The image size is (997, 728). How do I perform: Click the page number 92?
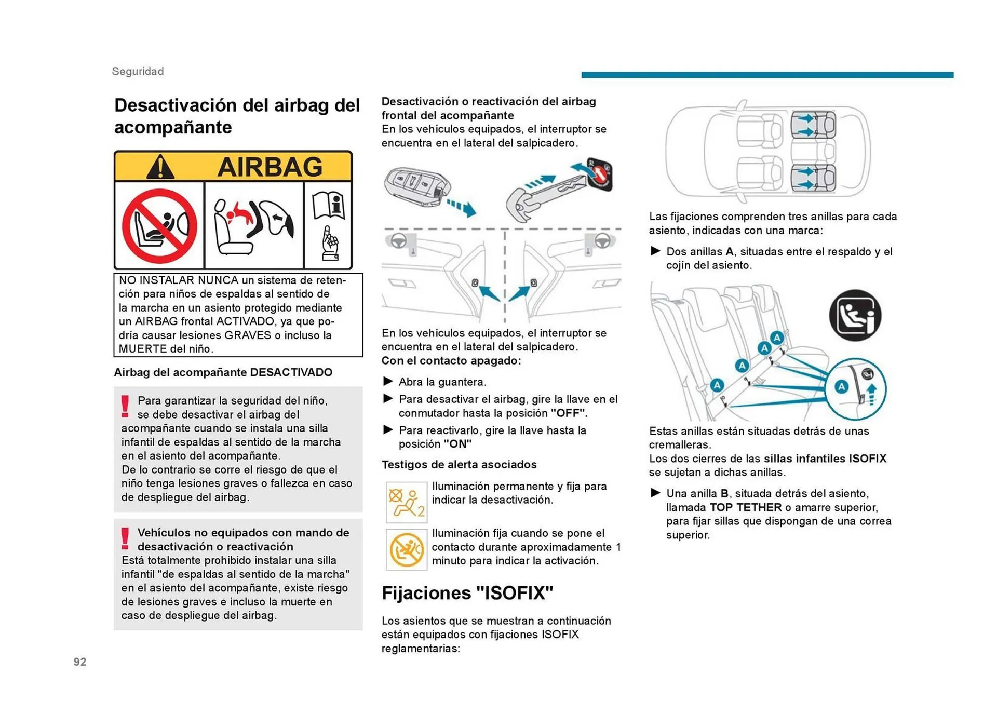coord(80,662)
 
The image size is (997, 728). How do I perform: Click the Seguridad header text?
coord(138,71)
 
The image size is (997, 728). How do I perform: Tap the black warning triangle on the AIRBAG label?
coord(160,167)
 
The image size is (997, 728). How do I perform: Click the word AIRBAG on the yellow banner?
coord(270,167)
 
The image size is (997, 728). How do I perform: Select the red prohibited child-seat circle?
coord(159,226)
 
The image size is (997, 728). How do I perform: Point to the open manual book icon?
coord(329,205)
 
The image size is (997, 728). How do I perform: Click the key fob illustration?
coord(417,186)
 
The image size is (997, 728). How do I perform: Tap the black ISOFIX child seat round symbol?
coord(855,315)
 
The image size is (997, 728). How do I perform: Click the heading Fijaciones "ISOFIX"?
coord(467,592)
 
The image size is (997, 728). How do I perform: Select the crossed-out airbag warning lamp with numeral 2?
coord(407,502)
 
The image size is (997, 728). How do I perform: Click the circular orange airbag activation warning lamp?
coord(407,549)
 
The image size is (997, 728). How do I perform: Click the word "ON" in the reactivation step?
coord(457,444)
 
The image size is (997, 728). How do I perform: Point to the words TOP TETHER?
coord(745,507)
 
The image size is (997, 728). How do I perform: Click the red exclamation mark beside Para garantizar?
coord(125,406)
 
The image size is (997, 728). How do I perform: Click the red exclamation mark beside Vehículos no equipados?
coord(125,538)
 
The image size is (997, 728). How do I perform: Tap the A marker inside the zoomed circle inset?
coord(841,386)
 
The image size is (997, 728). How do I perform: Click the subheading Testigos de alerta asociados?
coord(459,464)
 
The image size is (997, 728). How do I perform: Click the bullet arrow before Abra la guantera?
coord(388,381)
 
